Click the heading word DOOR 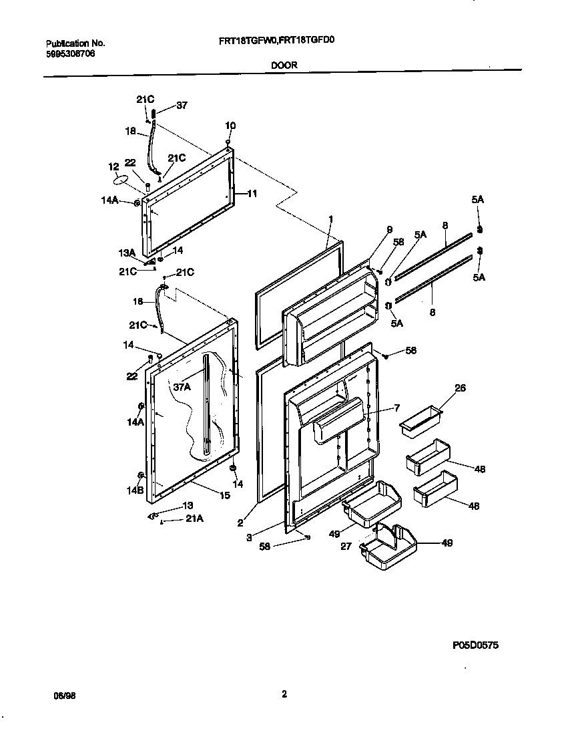(x=284, y=65)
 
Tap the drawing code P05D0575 (x=475, y=645)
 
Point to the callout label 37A (x=182, y=387)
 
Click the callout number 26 (x=441, y=388)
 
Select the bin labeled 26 (x=420, y=420)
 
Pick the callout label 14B (x=135, y=490)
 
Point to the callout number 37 (x=182, y=105)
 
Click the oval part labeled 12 (x=121, y=180)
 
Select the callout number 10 (x=230, y=125)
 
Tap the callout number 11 (x=252, y=194)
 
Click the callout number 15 (x=225, y=495)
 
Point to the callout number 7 (x=396, y=408)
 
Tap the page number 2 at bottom (x=284, y=694)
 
